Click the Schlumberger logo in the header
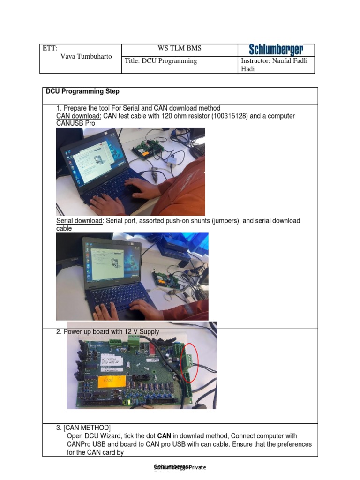(x=276, y=50)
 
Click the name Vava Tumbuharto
(x=86, y=56)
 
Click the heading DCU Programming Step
(x=82, y=91)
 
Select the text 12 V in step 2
(x=129, y=332)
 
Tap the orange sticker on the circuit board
(x=111, y=382)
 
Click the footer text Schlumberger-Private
(x=180, y=467)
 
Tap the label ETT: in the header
(x=50, y=48)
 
